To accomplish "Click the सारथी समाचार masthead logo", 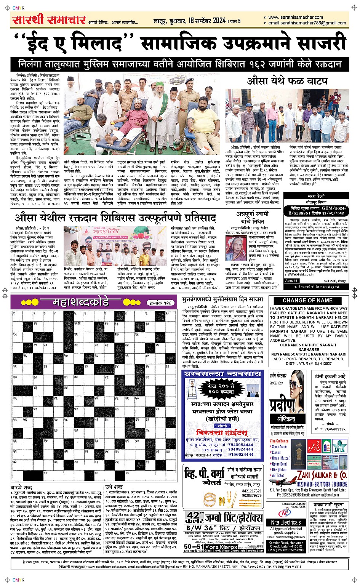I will pyautogui.click(x=48, y=20).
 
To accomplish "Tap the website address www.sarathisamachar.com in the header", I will pyautogui.click(x=295, y=17).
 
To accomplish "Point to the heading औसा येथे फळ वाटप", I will pyautogui.click(x=287, y=81).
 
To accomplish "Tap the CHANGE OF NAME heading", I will pyautogui.click(x=307, y=300).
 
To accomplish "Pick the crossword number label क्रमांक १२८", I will pyautogui.click(x=160, y=303).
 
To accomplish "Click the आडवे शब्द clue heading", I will pyautogui.click(x=21, y=487).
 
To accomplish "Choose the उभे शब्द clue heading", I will pyautogui.click(x=114, y=487).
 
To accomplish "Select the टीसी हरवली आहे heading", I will pyautogui.click(x=330, y=376).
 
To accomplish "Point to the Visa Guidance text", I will pyautogui.click(x=279, y=441).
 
